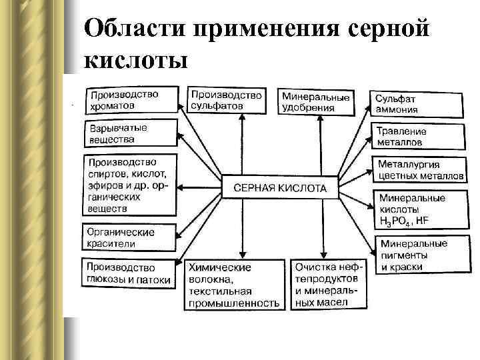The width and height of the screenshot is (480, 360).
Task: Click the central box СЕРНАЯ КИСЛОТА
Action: pyautogui.click(x=279, y=188)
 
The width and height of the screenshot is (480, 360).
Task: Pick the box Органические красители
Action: pyautogui.click(x=130, y=238)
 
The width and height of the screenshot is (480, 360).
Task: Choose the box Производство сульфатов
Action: pyautogui.click(x=225, y=100)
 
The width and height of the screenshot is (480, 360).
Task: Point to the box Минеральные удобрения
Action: pyautogui.click(x=315, y=102)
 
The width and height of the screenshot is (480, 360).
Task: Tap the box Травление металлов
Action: pyautogui.click(x=417, y=137)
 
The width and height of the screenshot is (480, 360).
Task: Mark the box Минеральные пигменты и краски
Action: pyautogui.click(x=417, y=255)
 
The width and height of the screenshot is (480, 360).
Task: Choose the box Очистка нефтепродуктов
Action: pyautogui.click(x=328, y=283)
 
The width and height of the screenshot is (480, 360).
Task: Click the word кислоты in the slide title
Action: pyautogui.click(x=136, y=60)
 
